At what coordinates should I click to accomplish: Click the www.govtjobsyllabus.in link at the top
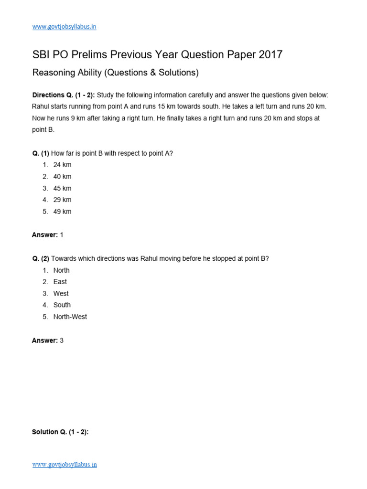[64, 27]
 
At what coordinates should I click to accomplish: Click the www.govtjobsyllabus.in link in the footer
[64, 464]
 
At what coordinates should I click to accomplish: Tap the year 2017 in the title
[270, 55]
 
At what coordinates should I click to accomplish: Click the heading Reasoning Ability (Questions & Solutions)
[115, 73]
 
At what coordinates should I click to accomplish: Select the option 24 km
[62, 165]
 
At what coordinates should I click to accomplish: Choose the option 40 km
[62, 177]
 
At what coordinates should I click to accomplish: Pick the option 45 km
[62, 188]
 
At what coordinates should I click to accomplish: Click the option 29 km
[62, 200]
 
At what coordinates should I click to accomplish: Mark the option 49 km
[62, 212]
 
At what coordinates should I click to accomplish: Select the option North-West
[70, 317]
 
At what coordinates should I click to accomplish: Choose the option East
[60, 282]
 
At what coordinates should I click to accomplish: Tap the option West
[61, 293]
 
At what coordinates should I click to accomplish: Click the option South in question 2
[62, 305]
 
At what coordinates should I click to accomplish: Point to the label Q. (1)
[41, 153]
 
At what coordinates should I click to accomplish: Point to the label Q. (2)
[41, 258]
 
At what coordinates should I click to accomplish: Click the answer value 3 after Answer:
[62, 340]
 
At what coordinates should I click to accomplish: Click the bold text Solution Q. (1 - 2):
[60, 432]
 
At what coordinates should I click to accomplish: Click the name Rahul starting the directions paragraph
[41, 106]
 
